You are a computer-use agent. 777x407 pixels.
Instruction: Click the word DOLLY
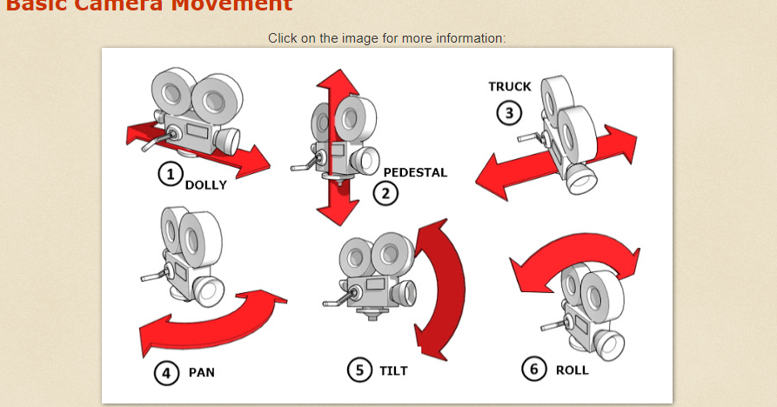click(x=205, y=184)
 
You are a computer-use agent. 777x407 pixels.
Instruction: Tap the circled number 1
click(x=169, y=174)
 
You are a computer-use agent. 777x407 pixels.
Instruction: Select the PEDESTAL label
click(x=415, y=172)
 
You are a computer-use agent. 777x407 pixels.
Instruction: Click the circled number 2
click(x=386, y=192)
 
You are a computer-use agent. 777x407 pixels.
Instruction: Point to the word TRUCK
click(x=509, y=86)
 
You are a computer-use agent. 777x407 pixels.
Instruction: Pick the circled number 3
click(x=509, y=112)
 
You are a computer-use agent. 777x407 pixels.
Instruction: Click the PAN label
click(x=201, y=372)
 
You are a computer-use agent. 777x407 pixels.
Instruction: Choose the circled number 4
click(x=166, y=373)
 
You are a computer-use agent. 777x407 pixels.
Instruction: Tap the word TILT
click(x=393, y=370)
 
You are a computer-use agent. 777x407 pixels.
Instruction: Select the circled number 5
click(x=358, y=370)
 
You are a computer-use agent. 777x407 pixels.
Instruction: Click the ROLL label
click(x=572, y=370)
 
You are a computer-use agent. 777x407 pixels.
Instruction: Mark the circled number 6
click(x=534, y=369)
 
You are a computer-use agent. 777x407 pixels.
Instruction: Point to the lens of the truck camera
click(x=581, y=180)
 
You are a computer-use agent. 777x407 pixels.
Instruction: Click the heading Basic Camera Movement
click(x=149, y=5)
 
